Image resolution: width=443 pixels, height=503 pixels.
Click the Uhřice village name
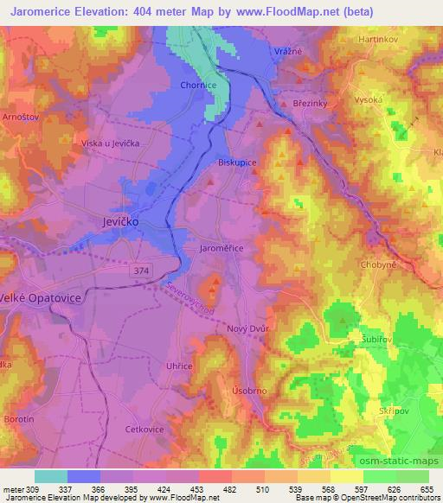coord(178,366)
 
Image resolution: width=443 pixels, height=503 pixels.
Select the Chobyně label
coord(378,264)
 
